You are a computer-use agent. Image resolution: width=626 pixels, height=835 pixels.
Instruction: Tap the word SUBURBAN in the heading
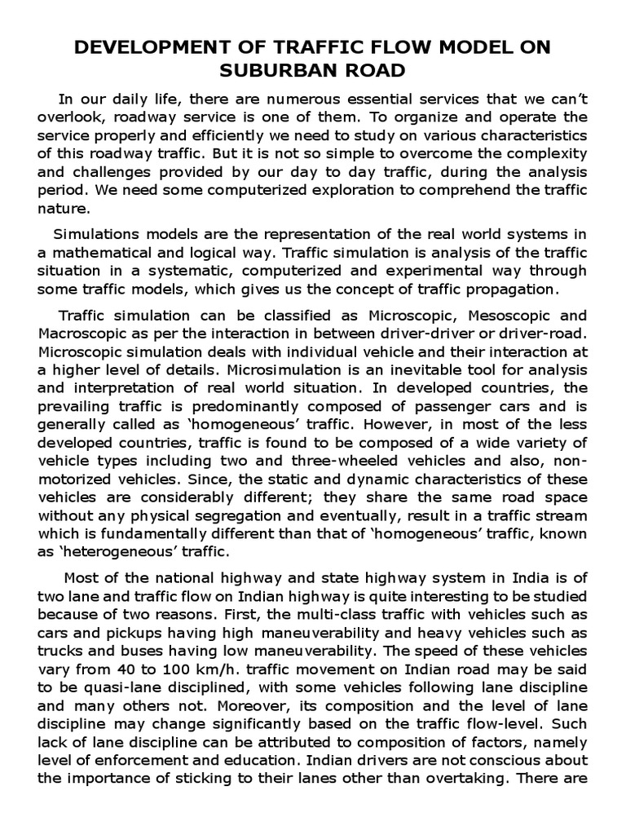click(x=282, y=71)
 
